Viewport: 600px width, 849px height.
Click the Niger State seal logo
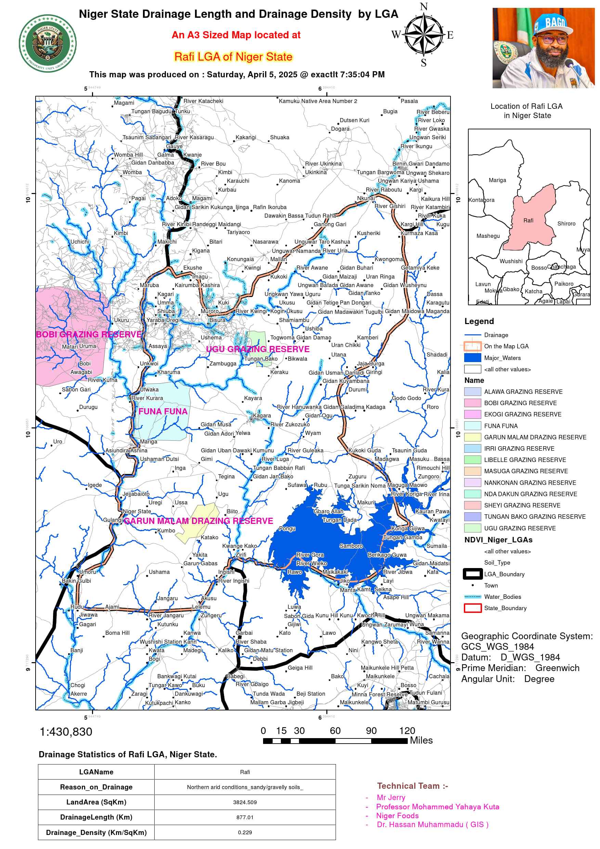[x=48, y=44]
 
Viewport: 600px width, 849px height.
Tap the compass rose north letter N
[x=423, y=7]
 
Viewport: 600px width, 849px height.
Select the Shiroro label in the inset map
[x=566, y=224]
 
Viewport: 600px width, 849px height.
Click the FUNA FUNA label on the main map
[x=163, y=412]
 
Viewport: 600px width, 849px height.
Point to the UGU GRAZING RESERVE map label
[x=258, y=349]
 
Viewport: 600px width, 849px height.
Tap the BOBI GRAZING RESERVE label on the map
[x=89, y=334]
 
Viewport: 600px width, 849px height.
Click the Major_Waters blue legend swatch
[x=472, y=358]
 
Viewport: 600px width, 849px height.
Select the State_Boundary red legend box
[x=472, y=608]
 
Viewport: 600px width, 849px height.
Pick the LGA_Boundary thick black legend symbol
[x=472, y=574]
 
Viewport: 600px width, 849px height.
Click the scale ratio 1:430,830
[x=66, y=732]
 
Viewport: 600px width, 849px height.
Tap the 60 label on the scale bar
[x=335, y=731]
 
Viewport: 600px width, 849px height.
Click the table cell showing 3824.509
[x=245, y=802]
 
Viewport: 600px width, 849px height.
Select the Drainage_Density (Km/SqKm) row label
[x=96, y=832]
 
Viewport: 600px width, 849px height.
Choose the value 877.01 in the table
[x=245, y=817]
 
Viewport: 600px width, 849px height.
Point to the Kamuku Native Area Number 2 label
[x=318, y=101]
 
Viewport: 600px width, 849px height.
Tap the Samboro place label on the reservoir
[x=351, y=546]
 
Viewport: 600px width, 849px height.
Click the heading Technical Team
[x=412, y=786]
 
